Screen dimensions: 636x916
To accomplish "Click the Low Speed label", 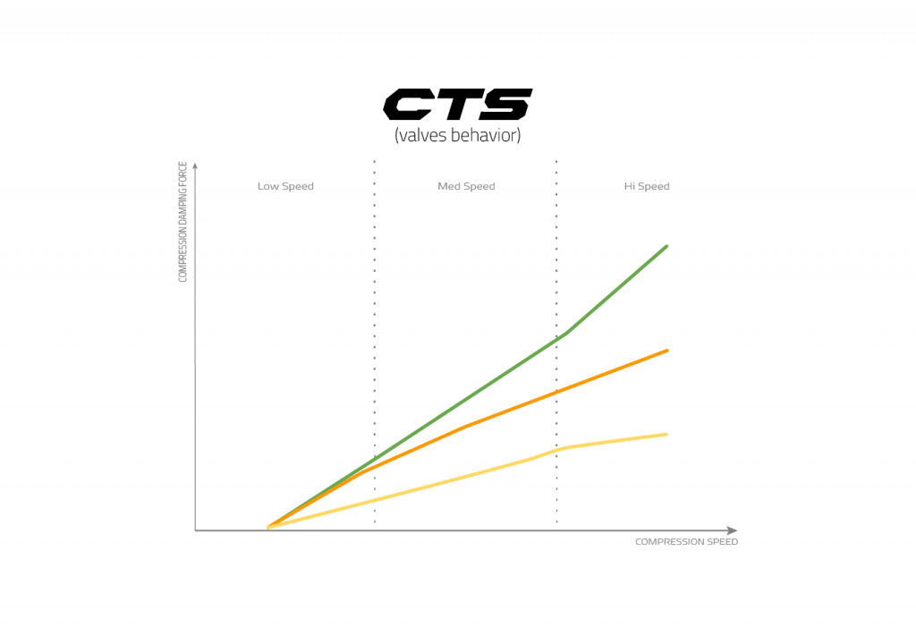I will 285,187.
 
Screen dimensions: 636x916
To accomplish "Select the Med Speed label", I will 466,187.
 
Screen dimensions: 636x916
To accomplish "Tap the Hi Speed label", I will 647,187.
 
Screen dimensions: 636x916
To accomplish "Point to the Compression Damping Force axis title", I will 182,223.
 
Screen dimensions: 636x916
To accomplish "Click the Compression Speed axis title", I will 686,543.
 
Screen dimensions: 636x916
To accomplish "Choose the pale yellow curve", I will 465,475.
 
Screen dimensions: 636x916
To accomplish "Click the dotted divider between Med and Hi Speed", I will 556,268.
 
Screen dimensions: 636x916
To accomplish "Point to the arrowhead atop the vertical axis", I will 195,165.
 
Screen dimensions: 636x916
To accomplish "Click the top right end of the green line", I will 667,245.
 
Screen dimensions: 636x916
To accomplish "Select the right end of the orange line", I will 668,350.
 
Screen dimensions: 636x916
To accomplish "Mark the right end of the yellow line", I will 667,434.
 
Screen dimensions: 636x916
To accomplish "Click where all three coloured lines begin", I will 267,527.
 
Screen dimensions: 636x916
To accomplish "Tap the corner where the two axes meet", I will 195,530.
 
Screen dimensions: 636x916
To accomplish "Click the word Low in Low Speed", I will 268,187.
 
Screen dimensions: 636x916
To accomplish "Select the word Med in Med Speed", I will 448,187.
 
